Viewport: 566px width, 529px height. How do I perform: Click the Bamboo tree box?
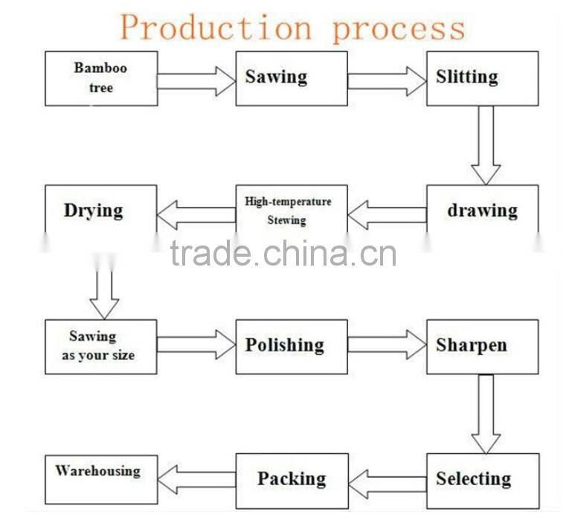pyautogui.click(x=101, y=78)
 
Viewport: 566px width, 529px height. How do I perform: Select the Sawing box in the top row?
pyautogui.click(x=292, y=78)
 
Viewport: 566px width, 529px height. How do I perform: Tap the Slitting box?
pyautogui.click(x=482, y=78)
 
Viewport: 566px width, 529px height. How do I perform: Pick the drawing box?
pyautogui.click(x=482, y=212)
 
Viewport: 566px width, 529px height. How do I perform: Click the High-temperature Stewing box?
pyautogui.click(x=292, y=212)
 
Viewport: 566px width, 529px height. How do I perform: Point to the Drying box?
pyautogui.click(x=101, y=212)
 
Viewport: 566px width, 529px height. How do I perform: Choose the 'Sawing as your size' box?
pyautogui.click(x=101, y=347)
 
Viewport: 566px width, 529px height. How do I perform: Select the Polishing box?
pyautogui.click(x=292, y=347)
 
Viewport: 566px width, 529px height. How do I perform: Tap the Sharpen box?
pyautogui.click(x=482, y=347)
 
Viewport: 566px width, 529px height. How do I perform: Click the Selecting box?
pyautogui.click(x=482, y=481)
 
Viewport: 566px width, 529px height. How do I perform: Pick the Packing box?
pyautogui.click(x=292, y=481)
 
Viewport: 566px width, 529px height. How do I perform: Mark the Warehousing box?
pyautogui.click(x=101, y=480)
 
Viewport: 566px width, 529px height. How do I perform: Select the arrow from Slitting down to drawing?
pyautogui.click(x=486, y=145)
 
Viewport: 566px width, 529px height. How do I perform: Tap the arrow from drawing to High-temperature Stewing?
pyautogui.click(x=387, y=215)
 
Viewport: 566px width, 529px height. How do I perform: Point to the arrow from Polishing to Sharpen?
pyautogui.click(x=387, y=344)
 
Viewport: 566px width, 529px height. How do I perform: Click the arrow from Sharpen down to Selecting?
pyautogui.click(x=486, y=414)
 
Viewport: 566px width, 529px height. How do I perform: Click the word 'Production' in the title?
pyautogui.click(x=216, y=28)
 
